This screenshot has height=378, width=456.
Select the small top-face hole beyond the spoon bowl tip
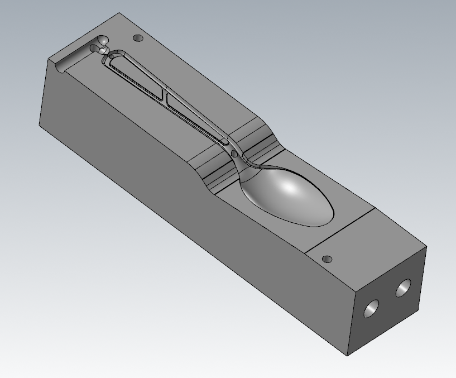pos(328,259)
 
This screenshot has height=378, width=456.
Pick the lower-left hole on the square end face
pos(371,309)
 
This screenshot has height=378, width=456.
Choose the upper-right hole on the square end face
pos(404,288)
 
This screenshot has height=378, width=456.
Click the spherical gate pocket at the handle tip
pos(102,42)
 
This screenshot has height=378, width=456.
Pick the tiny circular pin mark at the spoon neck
pos(234,152)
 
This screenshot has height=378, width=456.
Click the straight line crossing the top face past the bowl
pos(340,229)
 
